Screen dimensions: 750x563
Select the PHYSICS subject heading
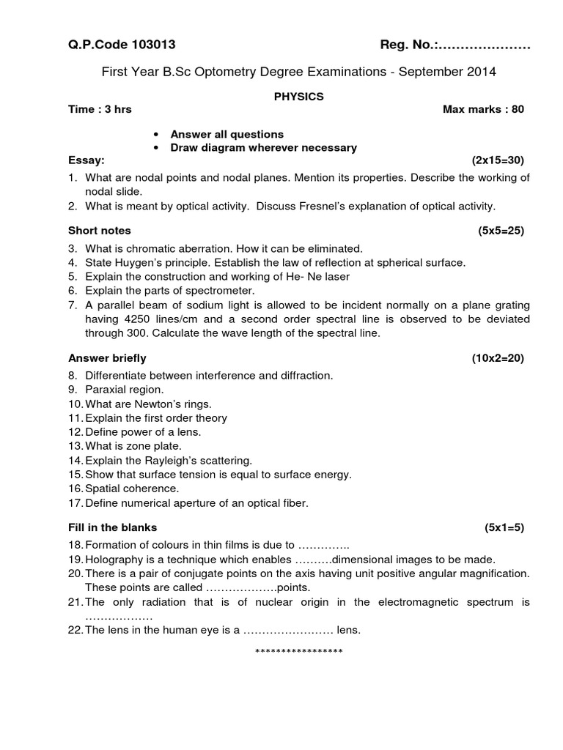298,96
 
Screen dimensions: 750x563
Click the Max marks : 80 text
483,109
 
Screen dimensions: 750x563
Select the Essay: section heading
87,160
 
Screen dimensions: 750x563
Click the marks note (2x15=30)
498,160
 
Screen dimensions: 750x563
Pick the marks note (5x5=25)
501,230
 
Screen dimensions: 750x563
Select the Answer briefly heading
107,357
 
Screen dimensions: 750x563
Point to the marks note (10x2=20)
498,357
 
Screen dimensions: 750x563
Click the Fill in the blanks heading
112,527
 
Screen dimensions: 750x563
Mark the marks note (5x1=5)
504,527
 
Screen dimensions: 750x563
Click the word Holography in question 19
112,559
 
